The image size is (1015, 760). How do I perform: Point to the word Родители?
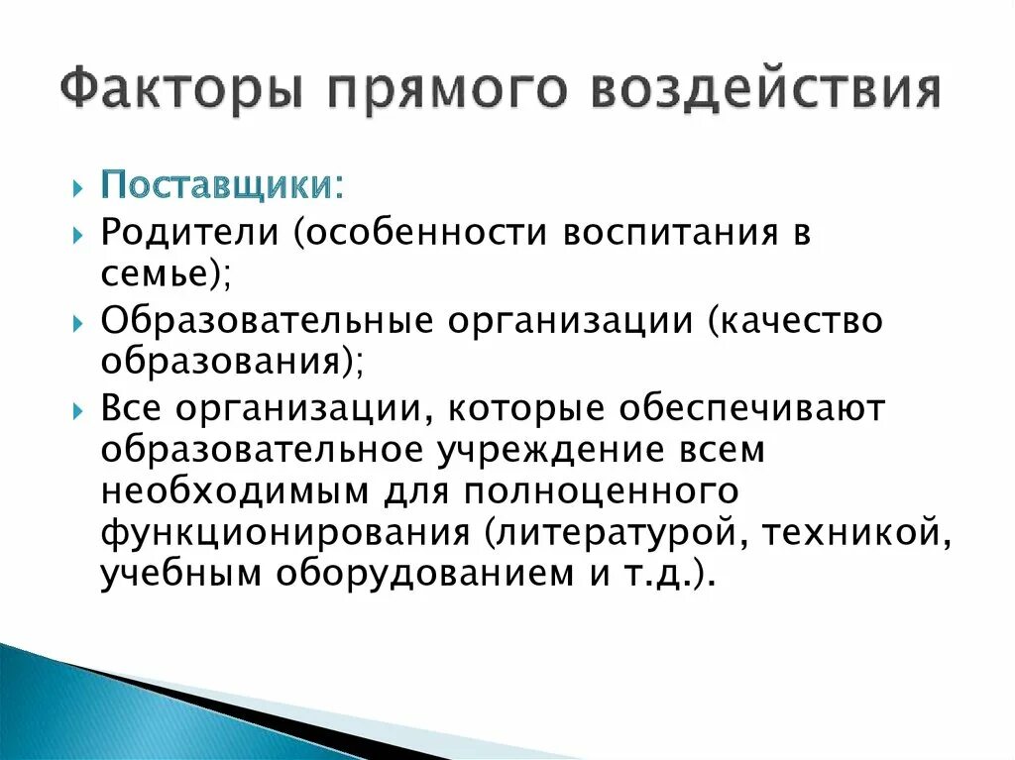(190, 234)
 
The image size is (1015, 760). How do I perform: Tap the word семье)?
(166, 276)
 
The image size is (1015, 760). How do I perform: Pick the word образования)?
(232, 363)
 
